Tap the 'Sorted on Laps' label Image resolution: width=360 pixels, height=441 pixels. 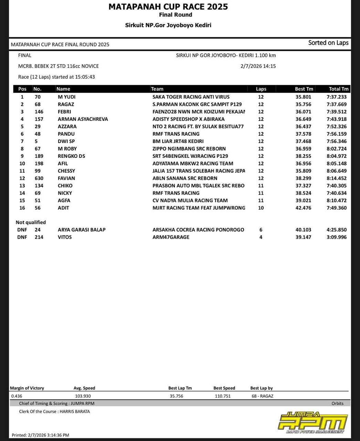[x=328, y=43]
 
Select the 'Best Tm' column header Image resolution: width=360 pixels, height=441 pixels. [x=304, y=89]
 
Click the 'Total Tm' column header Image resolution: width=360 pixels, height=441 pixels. [x=339, y=89]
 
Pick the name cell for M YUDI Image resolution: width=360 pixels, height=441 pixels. [x=66, y=97]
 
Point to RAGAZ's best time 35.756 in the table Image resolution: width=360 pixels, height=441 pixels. [x=303, y=104]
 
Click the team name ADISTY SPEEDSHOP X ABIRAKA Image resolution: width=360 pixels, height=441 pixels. [x=188, y=119]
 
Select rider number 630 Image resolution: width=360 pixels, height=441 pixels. [x=39, y=178]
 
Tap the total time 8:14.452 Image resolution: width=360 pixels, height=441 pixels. [x=336, y=178]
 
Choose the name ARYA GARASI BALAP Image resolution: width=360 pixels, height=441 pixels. [x=82, y=230]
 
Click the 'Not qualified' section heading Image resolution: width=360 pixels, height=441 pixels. [x=31, y=222]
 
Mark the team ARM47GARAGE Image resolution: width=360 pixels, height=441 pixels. [x=171, y=237]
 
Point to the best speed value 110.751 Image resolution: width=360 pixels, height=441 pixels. [x=223, y=396]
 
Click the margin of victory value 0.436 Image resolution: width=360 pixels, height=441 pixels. [x=17, y=396]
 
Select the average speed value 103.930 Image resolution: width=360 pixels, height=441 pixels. [x=83, y=396]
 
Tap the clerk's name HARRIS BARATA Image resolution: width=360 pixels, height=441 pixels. [x=75, y=411]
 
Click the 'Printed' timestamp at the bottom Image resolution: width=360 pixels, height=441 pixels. [x=40, y=435]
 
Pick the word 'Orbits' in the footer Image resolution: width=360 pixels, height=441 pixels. [x=337, y=403]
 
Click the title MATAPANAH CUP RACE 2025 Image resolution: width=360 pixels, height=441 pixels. [x=168, y=7]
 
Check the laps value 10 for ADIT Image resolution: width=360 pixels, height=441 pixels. [x=261, y=208]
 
